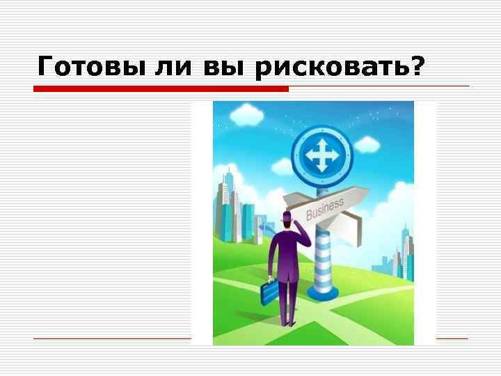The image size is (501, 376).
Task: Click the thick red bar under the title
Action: click(x=161, y=89)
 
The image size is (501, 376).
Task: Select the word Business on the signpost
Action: click(x=324, y=208)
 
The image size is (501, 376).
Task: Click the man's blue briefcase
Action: click(x=269, y=292)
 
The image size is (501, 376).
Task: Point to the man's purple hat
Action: click(x=287, y=219)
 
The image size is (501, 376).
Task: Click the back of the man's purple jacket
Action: click(x=285, y=254)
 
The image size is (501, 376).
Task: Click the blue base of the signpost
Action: click(x=322, y=293)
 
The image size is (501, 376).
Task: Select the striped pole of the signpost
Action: click(x=322, y=258)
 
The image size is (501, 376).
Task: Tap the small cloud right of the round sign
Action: click(x=366, y=145)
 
